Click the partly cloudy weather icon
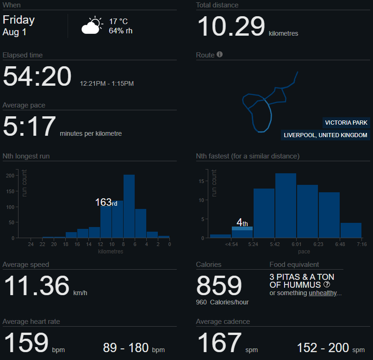[92, 25]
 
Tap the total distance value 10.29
[231, 26]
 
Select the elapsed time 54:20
[37, 76]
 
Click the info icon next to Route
[219, 55]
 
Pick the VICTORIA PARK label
[346, 123]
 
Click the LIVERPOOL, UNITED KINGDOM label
[325, 135]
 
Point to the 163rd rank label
[106, 202]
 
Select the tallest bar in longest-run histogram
[129, 206]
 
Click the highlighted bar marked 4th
[242, 228]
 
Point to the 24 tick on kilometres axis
[31, 244]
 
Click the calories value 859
[219, 285]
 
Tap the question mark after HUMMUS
[327, 284]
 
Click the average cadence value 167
[219, 343]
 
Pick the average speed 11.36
[36, 285]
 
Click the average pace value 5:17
[29, 126]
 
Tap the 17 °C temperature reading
[118, 22]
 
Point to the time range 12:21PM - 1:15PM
[106, 84]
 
